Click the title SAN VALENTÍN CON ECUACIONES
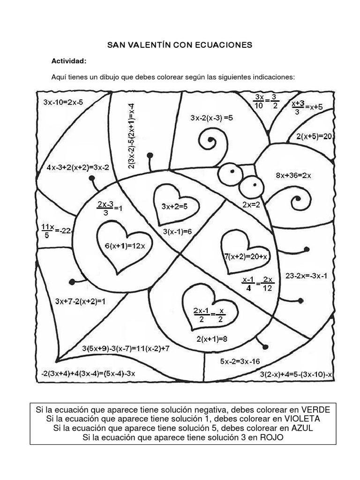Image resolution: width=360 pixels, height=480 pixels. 180,45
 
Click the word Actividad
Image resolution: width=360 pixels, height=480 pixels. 68,61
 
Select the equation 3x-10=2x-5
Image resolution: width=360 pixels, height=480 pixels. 63,101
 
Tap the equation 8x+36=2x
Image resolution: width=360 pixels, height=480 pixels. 293,175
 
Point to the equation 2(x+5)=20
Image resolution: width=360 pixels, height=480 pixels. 314,136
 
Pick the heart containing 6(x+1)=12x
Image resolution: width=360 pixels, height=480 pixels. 121,247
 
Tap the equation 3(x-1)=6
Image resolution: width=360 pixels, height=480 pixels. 178,231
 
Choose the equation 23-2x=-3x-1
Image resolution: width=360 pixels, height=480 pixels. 306,276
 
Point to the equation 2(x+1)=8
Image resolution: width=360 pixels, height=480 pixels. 212,338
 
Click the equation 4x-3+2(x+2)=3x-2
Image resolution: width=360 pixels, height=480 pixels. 78,167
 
